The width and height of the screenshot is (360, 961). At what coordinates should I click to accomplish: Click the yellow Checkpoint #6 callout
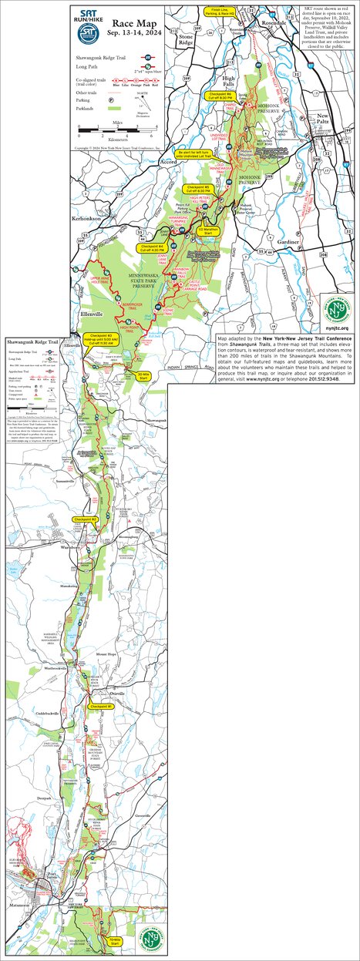point(221,96)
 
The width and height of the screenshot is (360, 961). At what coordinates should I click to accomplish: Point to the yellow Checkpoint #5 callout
point(198,190)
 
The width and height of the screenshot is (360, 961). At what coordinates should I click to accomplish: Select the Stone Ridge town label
point(185,39)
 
